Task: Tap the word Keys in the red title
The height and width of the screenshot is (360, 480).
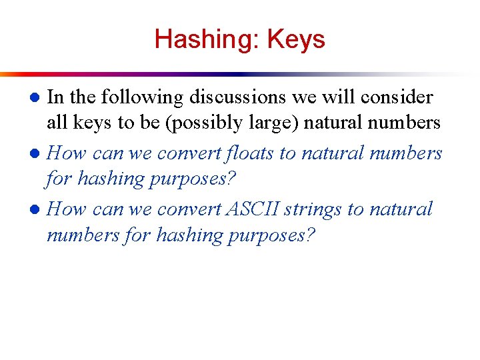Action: pyautogui.click(x=295, y=39)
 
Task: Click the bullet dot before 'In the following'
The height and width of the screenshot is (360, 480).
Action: pyautogui.click(x=38, y=98)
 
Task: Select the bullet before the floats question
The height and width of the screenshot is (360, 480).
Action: pyautogui.click(x=38, y=154)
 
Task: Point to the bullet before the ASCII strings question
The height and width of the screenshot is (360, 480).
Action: pyautogui.click(x=38, y=210)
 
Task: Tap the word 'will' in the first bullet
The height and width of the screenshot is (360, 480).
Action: pyautogui.click(x=340, y=97)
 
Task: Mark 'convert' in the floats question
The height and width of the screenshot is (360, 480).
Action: pyautogui.click(x=189, y=153)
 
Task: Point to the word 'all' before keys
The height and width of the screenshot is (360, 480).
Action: pyautogui.click(x=57, y=123)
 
